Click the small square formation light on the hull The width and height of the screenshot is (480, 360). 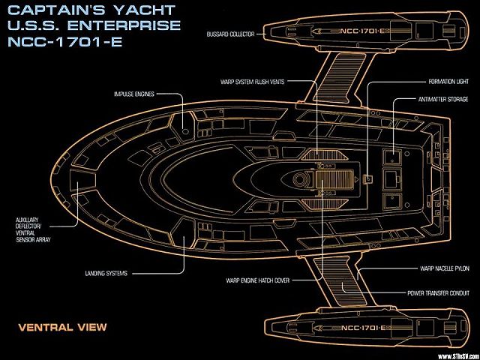368,178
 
